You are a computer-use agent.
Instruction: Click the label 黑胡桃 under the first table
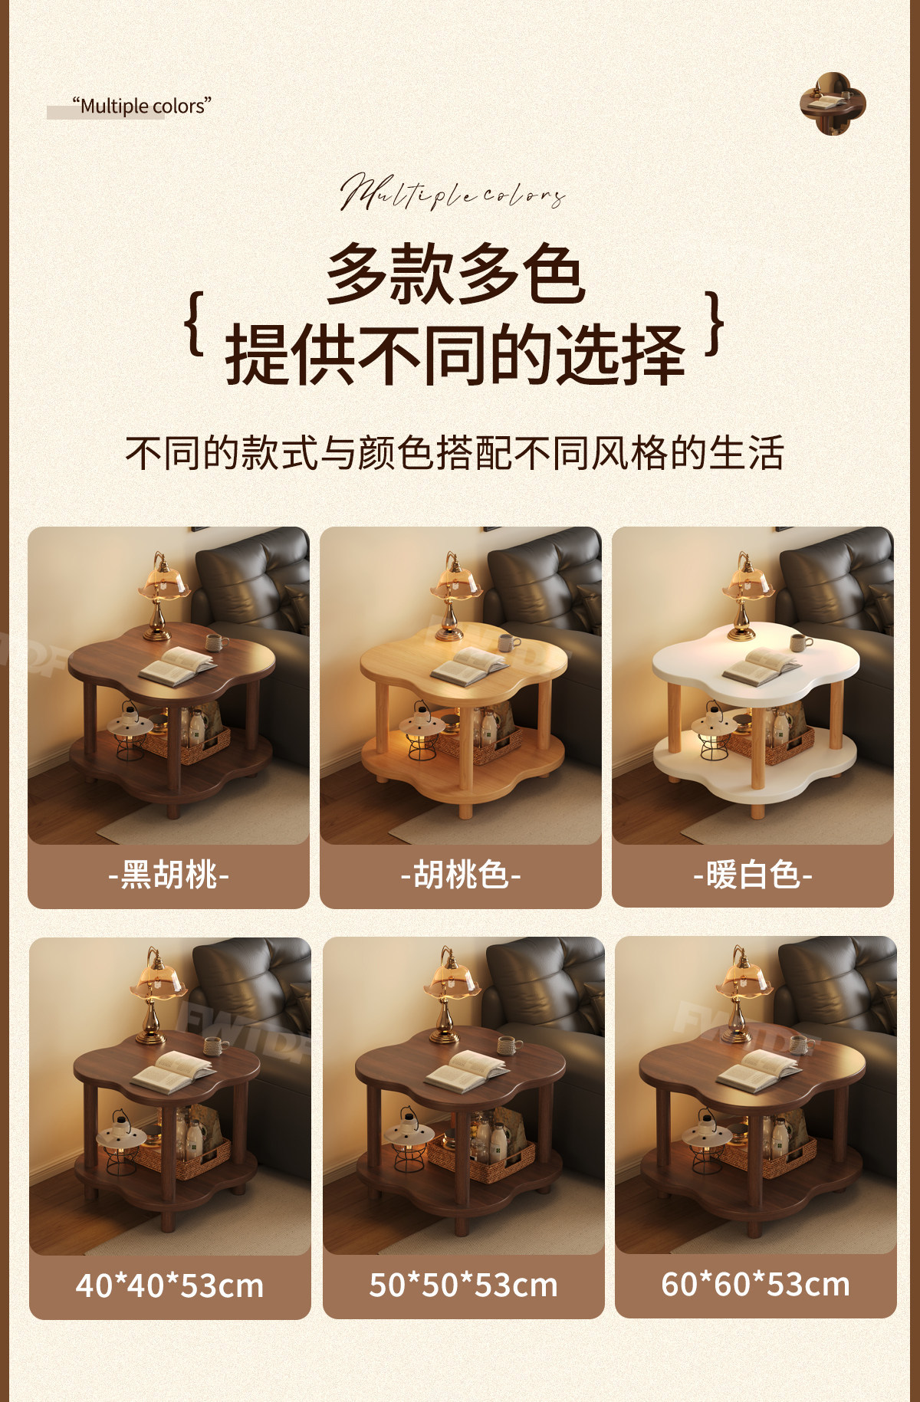click(169, 875)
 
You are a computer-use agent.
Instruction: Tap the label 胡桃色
click(461, 875)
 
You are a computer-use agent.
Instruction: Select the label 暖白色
click(753, 875)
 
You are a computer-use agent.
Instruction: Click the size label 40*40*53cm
click(169, 1285)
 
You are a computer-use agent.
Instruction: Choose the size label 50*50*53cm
click(463, 1285)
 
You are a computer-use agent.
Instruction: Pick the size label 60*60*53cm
click(756, 1285)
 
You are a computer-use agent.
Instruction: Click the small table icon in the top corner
click(833, 103)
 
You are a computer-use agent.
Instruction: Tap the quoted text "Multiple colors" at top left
click(142, 106)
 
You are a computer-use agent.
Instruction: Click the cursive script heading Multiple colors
click(453, 192)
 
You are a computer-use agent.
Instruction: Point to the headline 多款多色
click(456, 274)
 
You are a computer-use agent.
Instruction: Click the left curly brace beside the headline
click(195, 323)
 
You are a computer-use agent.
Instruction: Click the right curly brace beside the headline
click(715, 323)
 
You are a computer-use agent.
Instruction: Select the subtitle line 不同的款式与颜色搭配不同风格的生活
click(455, 452)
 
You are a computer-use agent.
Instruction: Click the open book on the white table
click(761, 666)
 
